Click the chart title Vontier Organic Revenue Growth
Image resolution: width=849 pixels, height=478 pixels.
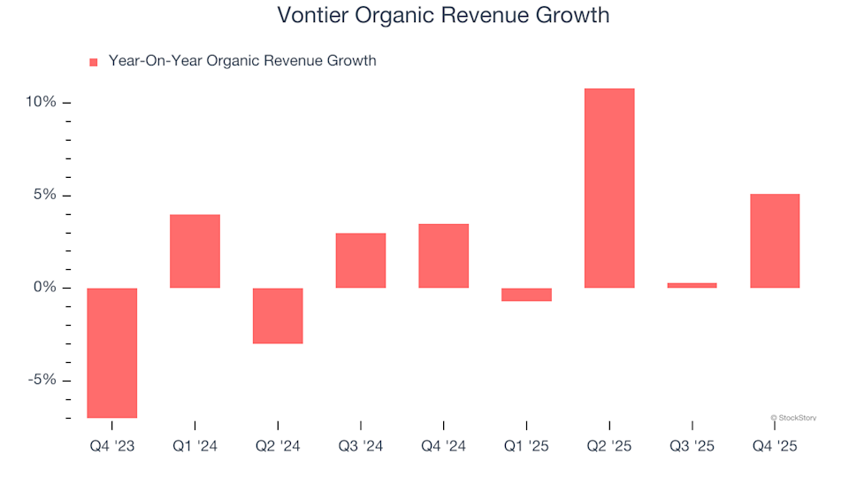coord(442,15)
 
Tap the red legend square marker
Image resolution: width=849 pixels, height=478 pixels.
coord(94,62)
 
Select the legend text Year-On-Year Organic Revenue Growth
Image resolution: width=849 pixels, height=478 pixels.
coord(241,61)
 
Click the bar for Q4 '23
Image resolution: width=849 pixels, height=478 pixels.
coord(111,352)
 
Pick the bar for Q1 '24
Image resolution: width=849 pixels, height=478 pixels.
coord(195,251)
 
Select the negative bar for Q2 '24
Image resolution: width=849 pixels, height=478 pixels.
coord(278,315)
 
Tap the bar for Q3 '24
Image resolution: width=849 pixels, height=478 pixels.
coord(361,260)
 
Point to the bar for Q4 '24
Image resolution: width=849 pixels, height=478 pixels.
coord(444,256)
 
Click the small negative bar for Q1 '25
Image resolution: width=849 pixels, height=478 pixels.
coord(526,295)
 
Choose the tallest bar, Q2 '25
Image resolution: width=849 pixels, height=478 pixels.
coord(609,189)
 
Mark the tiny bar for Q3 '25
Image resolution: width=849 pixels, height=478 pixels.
coord(692,285)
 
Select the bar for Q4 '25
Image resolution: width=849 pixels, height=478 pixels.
coord(775,241)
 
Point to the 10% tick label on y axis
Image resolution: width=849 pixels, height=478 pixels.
coord(41,103)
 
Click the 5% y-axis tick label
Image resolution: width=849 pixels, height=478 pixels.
coord(44,195)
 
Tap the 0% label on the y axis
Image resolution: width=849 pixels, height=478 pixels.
coord(44,288)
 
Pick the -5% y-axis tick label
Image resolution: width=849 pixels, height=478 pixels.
coord(42,380)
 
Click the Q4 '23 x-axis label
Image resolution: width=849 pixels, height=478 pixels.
coord(111,447)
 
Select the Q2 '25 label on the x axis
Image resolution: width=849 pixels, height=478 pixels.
coord(609,447)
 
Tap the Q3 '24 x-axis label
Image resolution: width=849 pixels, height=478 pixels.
coord(361,447)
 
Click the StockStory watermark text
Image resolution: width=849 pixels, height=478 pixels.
coord(793,417)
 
